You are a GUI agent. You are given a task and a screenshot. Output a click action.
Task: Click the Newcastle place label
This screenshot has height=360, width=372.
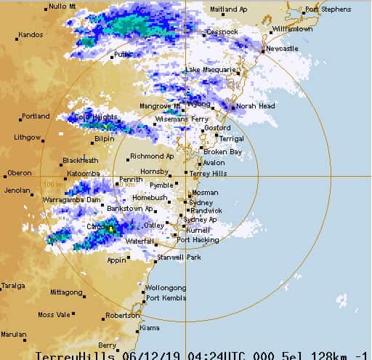pyautogui.click(x=283, y=48)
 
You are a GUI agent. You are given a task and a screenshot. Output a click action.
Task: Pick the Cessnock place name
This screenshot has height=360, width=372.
pyautogui.click(x=222, y=32)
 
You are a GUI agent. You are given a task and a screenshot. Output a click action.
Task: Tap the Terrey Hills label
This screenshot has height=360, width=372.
pyautogui.click(x=209, y=174)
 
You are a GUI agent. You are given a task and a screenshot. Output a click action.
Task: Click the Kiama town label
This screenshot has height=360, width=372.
pyautogui.click(x=149, y=328)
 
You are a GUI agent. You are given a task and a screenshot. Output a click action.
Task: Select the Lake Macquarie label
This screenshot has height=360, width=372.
pyautogui.click(x=211, y=70)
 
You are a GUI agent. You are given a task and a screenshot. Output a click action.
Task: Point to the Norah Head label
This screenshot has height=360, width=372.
pyautogui.click(x=255, y=105)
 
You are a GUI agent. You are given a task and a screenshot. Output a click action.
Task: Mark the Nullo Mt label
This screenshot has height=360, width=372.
pyautogui.click(x=62, y=7)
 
